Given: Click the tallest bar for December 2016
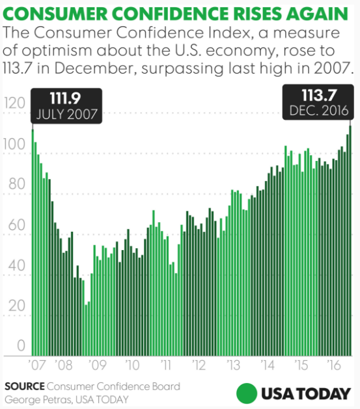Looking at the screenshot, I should tap(350, 241).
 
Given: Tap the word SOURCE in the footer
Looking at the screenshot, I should tap(24, 387).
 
